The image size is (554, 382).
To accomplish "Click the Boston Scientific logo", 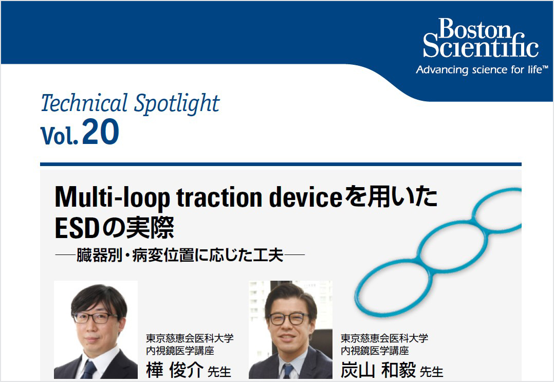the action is pos(481,38).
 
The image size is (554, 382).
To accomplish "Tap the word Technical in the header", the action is pos(84,103).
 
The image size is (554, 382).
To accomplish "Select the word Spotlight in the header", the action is pos(177,104).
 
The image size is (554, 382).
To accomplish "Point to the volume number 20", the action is pos(101,132).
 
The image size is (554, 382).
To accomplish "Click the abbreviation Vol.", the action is pos(60,135).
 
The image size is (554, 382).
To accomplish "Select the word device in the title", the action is pos(306,197).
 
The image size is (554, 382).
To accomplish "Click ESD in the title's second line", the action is pos(77,228).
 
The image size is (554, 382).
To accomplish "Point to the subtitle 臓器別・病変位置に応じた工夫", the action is pos(180,255).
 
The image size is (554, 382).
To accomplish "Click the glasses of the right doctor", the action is pos(289,319).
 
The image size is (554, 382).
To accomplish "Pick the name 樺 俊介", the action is pos(175,370).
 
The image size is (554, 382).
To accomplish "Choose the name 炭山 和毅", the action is pos(378,370).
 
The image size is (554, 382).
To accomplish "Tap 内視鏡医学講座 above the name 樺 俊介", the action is pos(180,351).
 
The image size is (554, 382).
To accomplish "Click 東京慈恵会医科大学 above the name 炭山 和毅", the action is pos(384,338).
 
